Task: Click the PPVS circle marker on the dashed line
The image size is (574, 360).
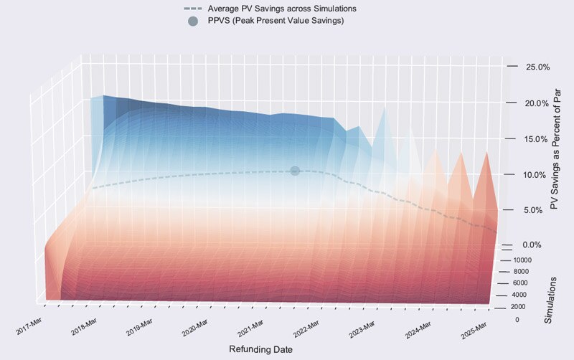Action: [294, 171]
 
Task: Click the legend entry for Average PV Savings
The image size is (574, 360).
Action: [281, 8]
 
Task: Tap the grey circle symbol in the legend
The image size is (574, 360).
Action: [192, 21]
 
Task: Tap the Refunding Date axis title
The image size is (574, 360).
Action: [260, 349]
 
